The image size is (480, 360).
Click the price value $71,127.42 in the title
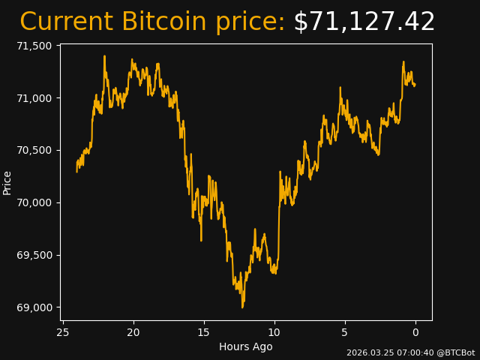364,22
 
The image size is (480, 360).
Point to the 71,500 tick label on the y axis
34,46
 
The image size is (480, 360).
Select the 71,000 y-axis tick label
34,98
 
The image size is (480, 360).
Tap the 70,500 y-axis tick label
34,150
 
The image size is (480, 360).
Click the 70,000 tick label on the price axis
34,202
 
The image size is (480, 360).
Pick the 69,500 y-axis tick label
34,255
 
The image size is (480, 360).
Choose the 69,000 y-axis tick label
34,307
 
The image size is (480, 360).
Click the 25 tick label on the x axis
63,332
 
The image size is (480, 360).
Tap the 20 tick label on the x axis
133,332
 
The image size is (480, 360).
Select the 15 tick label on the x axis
204,332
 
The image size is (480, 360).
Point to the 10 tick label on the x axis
274,332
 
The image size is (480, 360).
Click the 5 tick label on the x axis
345,332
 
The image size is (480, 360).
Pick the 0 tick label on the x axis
415,332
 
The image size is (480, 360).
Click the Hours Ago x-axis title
246,346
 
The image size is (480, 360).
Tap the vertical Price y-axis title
7,182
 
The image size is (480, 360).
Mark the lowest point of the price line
242,307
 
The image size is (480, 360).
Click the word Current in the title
66,22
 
